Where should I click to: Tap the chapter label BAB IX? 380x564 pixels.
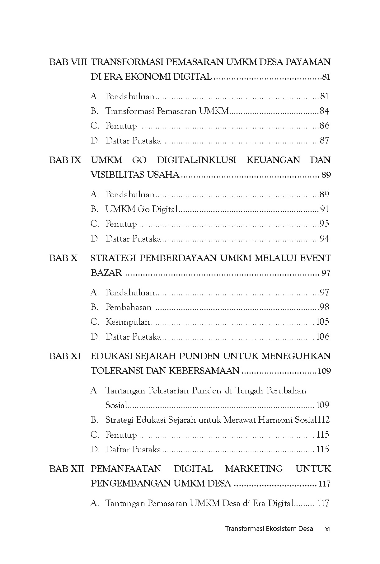click(x=65, y=160)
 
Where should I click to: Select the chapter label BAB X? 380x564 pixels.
click(x=63, y=258)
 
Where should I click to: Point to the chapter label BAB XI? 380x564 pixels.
click(x=65, y=356)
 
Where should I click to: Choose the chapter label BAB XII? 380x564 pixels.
click(x=67, y=469)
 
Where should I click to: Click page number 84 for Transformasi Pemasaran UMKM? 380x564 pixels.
click(x=324, y=111)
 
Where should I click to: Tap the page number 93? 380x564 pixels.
click(x=324, y=224)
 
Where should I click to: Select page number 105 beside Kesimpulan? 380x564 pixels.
click(x=322, y=322)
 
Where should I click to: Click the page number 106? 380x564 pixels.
click(x=322, y=336)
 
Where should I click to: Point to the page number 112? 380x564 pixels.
click(x=322, y=420)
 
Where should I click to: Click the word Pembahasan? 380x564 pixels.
click(x=129, y=307)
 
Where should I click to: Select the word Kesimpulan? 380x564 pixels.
click(x=128, y=322)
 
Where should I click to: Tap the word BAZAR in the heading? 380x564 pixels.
click(x=106, y=273)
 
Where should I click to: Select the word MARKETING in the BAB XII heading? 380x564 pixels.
click(x=254, y=469)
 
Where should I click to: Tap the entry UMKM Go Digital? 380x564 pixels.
click(x=141, y=209)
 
